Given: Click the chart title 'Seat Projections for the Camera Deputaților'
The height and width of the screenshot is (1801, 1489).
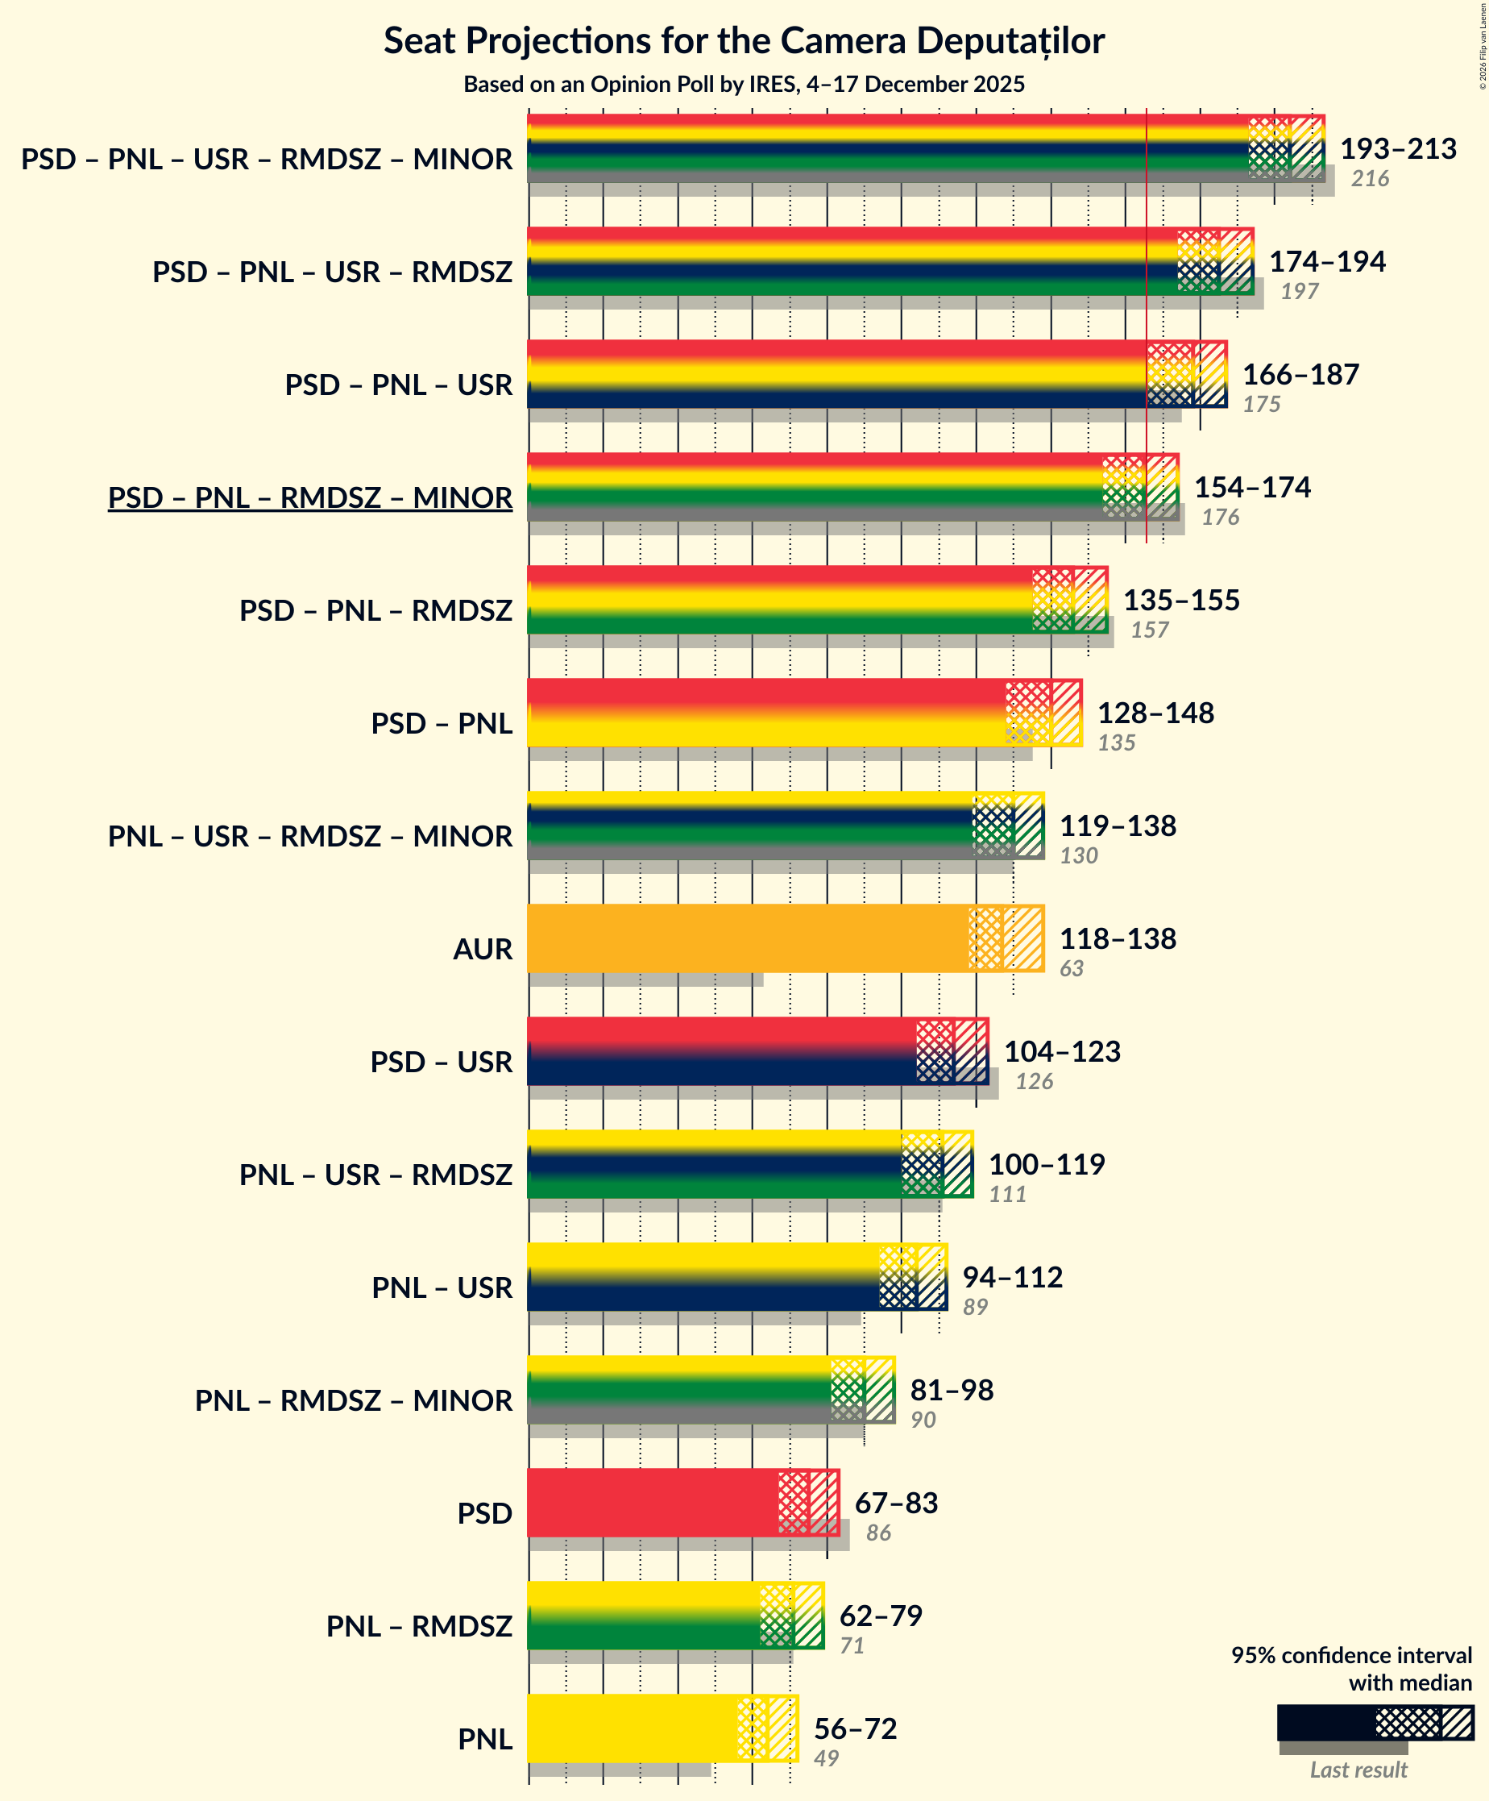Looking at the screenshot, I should (x=743, y=41).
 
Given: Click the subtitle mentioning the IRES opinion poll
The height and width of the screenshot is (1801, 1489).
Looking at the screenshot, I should (x=743, y=84).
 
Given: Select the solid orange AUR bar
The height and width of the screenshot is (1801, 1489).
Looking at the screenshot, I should (x=746, y=938).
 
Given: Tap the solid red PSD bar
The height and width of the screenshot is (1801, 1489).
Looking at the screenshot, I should (x=652, y=1502).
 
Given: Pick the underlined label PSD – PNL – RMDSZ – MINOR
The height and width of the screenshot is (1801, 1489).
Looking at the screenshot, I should (x=309, y=497).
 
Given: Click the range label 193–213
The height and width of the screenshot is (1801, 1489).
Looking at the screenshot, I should (x=1397, y=148).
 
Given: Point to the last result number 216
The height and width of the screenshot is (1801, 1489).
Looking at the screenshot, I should (x=1369, y=178).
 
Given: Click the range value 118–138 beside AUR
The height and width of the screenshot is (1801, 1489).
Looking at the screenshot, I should (x=1117, y=938).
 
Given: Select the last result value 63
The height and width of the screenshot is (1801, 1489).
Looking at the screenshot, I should (x=1071, y=968).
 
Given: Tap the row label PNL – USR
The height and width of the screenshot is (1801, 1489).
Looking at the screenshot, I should (x=442, y=1287).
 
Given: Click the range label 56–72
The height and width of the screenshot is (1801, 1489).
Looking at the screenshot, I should (x=855, y=1728).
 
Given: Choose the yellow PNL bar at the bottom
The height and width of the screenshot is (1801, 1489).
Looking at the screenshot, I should (x=631, y=1728).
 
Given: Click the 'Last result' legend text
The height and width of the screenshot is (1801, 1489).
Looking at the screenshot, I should (x=1358, y=1770).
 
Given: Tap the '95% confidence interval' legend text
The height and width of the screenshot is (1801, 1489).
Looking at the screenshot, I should (x=1351, y=1655).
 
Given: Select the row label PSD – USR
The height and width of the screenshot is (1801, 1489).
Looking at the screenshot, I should (x=441, y=1062).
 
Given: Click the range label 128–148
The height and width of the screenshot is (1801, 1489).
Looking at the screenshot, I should (x=1155, y=713).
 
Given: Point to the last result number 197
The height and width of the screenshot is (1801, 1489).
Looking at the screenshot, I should (x=1299, y=292).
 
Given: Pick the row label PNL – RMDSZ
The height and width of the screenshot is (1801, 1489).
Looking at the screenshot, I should (x=418, y=1626).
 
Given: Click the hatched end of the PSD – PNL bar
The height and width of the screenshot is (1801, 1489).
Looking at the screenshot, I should (x=1043, y=712).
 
